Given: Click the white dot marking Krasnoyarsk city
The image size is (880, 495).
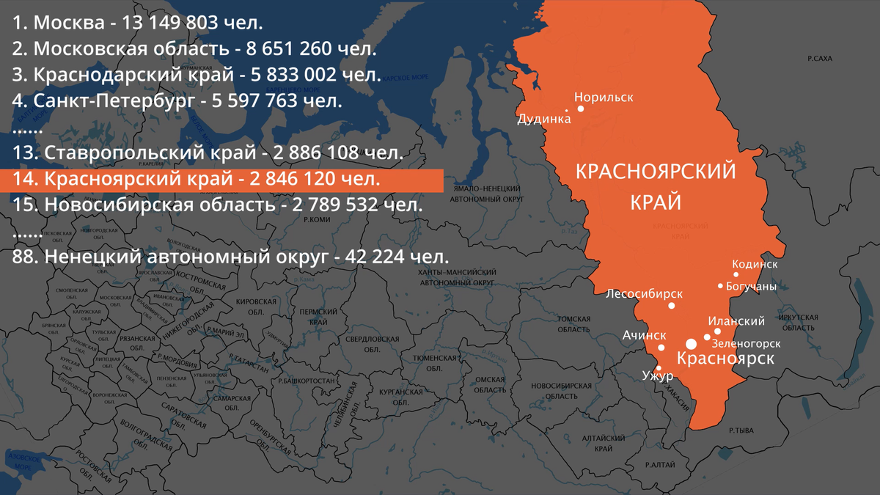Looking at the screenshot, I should coord(691,343).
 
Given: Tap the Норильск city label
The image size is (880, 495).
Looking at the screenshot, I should coord(603,97).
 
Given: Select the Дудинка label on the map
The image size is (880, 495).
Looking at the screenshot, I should coord(543,118).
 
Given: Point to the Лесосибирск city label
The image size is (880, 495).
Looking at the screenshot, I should coord(644,294).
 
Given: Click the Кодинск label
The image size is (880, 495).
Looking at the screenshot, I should coord(755,264).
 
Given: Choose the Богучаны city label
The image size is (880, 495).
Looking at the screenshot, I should coord(750,287).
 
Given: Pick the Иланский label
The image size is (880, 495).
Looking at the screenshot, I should coord(736,321).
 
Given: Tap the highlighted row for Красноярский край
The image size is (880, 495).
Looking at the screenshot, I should coord(220,180).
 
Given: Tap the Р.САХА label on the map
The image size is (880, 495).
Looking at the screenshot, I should coord(819,58).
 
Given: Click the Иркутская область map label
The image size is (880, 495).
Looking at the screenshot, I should coord(799,322).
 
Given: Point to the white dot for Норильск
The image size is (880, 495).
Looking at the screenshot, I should coord(581,109).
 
